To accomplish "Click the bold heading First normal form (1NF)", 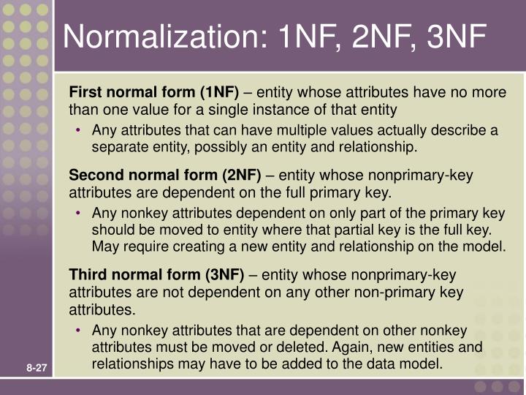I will tap(154, 92).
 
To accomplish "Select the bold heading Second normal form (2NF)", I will tap(164, 176).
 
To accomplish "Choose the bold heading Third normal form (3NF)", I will tap(156, 275).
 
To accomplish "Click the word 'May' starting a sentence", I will tap(105, 247).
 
